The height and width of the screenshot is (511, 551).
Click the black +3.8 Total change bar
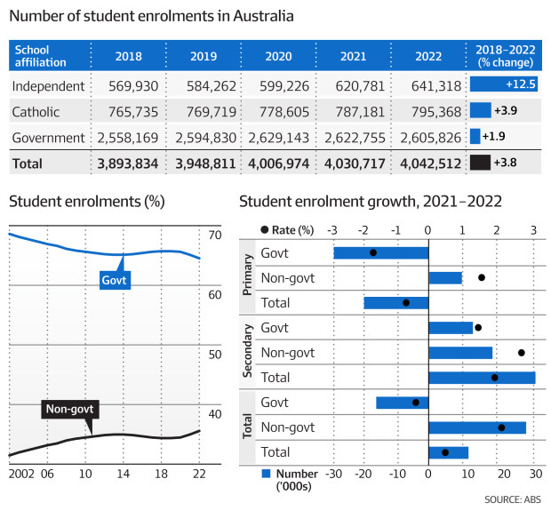pos(480,163)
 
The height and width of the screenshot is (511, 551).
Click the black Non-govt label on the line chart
pos(69,410)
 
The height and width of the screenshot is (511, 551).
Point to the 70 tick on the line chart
pos(214,236)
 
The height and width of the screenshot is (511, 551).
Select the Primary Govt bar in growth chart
pos(380,252)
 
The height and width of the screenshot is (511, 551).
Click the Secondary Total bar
pos(481,378)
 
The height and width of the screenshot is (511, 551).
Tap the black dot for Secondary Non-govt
pos(521,353)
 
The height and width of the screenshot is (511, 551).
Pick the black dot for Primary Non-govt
pos(482,277)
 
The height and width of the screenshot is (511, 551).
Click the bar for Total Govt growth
pos(402,403)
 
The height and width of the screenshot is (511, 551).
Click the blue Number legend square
pos(266,474)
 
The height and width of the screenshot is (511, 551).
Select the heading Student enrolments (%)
pos(86,202)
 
